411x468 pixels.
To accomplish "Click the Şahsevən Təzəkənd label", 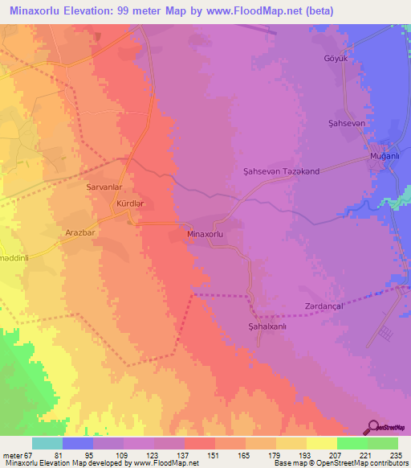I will tap(275, 171).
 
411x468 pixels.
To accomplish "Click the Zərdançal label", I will tap(324, 306).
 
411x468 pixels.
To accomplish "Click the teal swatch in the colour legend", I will tap(47, 443).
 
